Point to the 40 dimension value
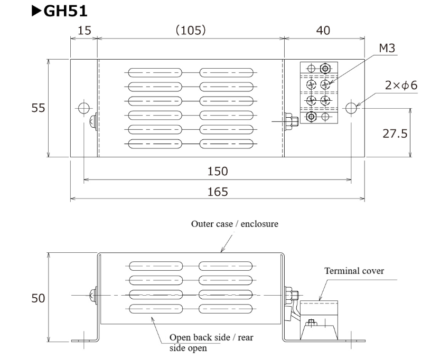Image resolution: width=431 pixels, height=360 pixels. [x=323, y=31]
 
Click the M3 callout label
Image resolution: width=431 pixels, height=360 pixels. [x=387, y=49]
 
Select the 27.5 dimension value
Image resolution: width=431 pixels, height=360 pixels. [x=395, y=134]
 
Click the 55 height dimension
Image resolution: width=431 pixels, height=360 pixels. [x=38, y=108]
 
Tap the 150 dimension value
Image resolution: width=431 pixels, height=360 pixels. [x=217, y=172]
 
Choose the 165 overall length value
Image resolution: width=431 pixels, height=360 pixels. [x=217, y=192]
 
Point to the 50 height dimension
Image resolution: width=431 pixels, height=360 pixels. [x=38, y=298]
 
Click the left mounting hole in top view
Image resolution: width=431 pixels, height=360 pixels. [x=83, y=108]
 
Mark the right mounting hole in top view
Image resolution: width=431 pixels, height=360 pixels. [x=352, y=108]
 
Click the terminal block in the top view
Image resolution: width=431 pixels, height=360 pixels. [x=318, y=93]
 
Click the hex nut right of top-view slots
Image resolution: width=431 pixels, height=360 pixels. [x=291, y=121]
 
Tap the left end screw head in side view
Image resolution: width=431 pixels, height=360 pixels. [x=93, y=295]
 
